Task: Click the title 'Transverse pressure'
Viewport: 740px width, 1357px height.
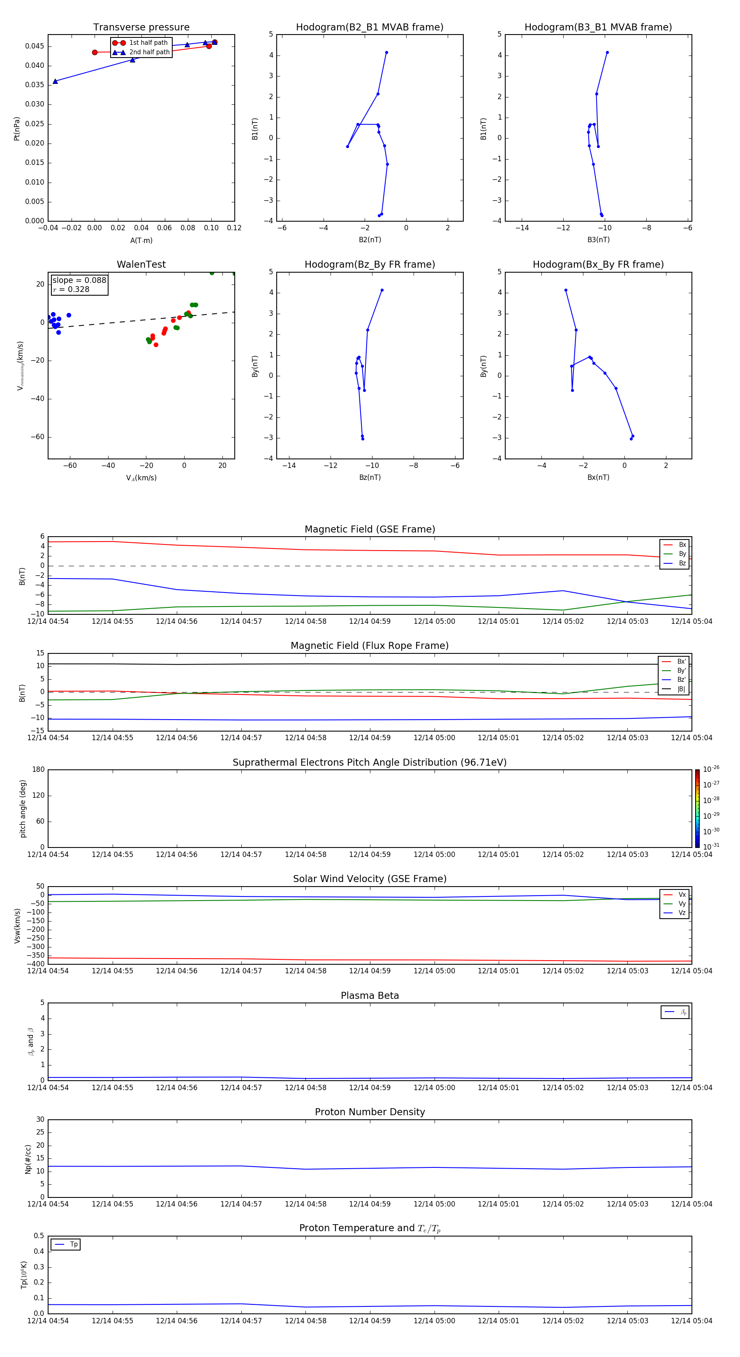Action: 141,28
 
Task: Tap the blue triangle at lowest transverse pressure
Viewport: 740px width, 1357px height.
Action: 55,81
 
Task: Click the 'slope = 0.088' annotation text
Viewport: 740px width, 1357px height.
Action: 79,280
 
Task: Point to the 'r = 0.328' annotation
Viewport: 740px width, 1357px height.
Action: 71,289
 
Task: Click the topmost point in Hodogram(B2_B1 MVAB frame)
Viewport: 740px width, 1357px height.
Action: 386,53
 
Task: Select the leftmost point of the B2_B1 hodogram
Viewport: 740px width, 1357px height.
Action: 348,146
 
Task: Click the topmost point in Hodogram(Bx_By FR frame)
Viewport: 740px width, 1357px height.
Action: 566,290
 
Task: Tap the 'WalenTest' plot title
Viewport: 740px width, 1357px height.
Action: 141,264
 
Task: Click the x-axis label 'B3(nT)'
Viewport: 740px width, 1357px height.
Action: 598,240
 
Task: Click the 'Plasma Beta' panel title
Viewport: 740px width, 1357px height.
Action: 370,996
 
